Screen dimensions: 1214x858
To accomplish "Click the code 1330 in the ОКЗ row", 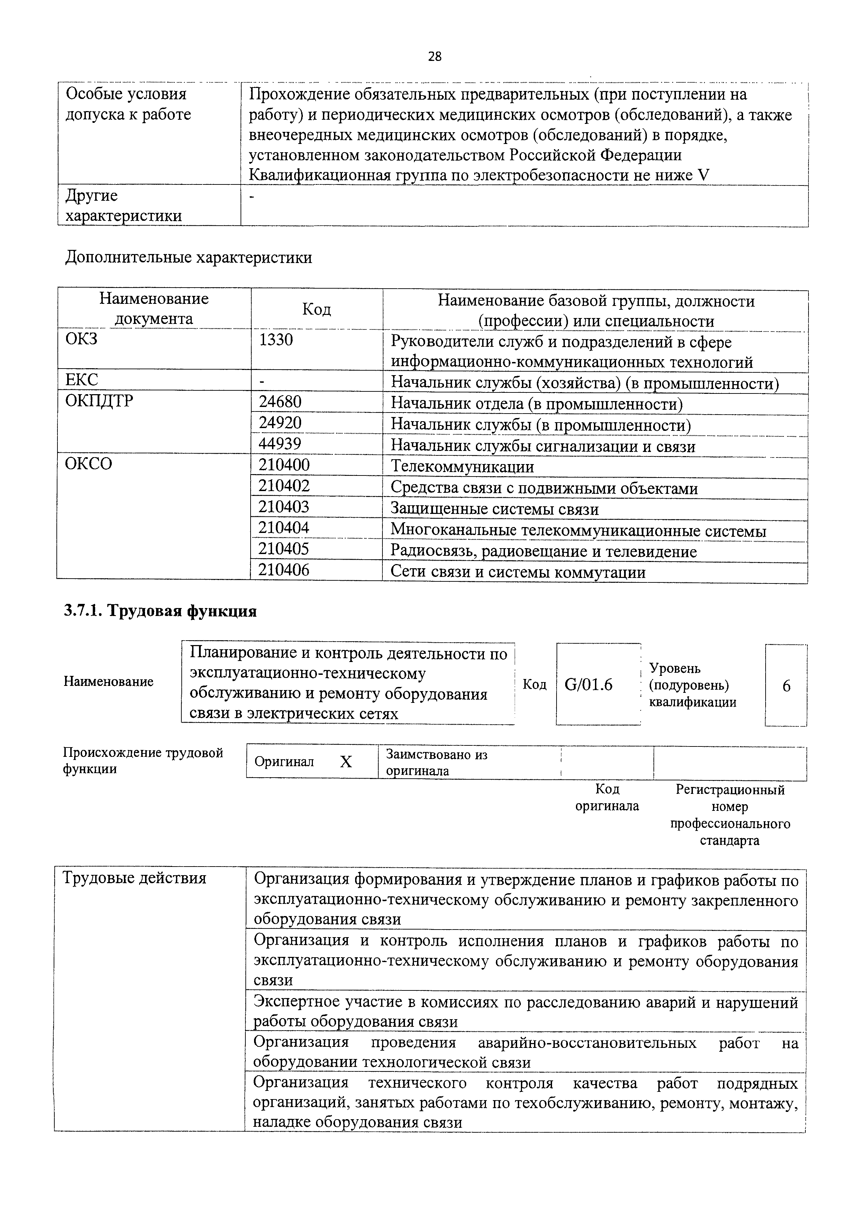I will [x=276, y=339].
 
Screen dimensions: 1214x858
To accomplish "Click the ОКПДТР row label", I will [x=99, y=401].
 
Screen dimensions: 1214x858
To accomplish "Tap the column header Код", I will [x=316, y=309].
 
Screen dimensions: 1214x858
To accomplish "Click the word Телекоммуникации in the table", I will [x=462, y=467].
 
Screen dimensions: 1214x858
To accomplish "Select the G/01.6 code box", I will [x=588, y=685].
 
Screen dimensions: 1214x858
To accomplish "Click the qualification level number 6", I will [x=786, y=686].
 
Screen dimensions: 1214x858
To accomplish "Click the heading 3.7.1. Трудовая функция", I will [x=160, y=611].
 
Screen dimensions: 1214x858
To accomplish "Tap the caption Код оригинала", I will [x=607, y=797].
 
